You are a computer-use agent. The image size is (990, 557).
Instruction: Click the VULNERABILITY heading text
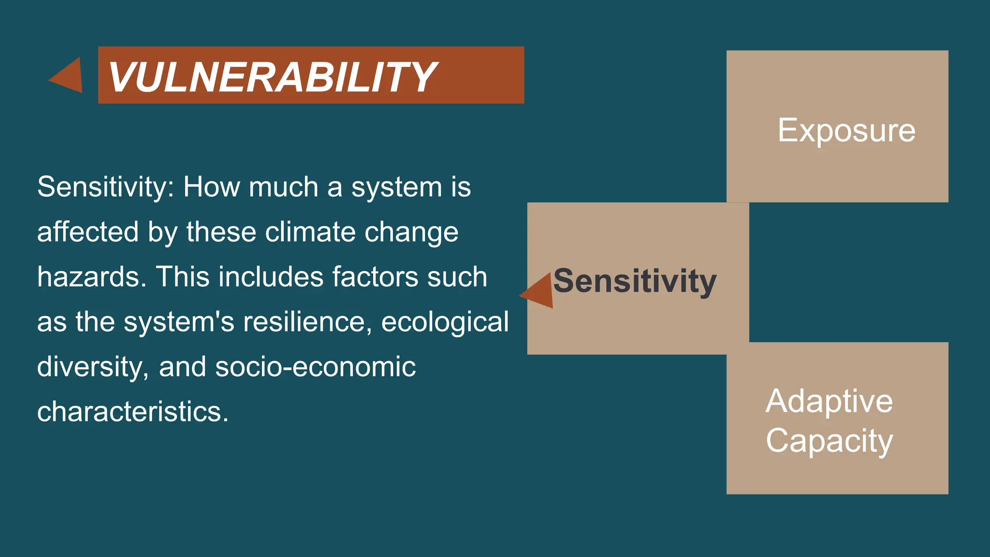pos(272,76)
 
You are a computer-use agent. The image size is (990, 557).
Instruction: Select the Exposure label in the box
pos(846,130)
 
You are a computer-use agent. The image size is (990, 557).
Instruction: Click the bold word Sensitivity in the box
pos(635,281)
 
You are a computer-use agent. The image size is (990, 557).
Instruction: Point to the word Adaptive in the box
pos(829,401)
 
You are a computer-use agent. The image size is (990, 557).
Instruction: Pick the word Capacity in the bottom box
pos(829,440)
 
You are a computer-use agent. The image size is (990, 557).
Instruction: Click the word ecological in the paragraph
pos(445,322)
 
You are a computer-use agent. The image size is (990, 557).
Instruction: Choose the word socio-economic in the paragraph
pos(315,367)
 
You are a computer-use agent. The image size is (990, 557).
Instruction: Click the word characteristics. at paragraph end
pos(132,412)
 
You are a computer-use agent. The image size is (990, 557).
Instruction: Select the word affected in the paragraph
pos(88,232)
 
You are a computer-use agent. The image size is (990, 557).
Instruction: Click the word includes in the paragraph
pos(271,277)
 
